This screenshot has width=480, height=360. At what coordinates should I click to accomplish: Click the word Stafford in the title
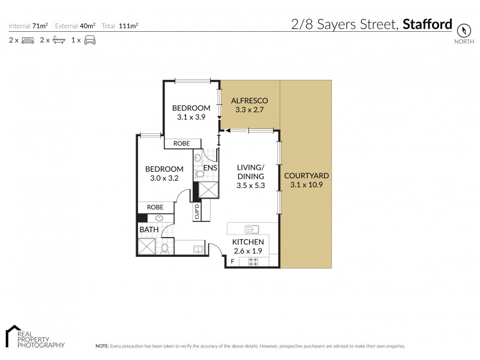click(x=427, y=25)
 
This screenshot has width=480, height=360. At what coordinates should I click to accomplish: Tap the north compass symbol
click(x=463, y=30)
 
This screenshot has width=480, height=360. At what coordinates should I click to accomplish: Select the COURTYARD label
click(x=307, y=175)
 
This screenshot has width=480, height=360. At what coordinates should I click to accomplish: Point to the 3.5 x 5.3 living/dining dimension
click(x=250, y=186)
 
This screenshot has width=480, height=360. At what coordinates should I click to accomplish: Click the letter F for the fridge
click(x=232, y=262)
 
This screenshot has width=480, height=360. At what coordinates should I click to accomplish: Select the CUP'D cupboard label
click(x=197, y=212)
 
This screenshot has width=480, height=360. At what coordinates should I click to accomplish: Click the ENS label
click(x=210, y=167)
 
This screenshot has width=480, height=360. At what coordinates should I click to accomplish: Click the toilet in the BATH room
click(x=164, y=248)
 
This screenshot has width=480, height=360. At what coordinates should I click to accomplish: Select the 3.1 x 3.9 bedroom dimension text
click(x=191, y=118)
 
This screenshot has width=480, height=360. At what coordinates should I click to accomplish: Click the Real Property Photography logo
click(x=34, y=337)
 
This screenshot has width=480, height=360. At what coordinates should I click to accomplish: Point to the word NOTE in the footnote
click(x=101, y=346)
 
